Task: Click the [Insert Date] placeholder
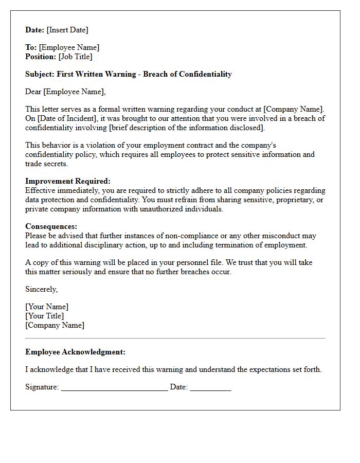pos(67,30)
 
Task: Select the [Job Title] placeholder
pos(75,57)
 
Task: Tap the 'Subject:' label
pos(40,74)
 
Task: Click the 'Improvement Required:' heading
pos(68,181)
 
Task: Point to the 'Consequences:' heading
pos(51,226)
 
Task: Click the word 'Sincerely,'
pos(42,289)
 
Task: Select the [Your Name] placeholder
pos(47,307)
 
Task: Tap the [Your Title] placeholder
pos(45,316)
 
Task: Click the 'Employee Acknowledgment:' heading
pos(75,352)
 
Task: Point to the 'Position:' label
pos(41,57)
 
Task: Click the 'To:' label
pos(31,47)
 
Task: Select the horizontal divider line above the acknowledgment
pos(175,338)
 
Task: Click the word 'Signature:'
pos(42,387)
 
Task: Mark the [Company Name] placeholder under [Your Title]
pos(55,325)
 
